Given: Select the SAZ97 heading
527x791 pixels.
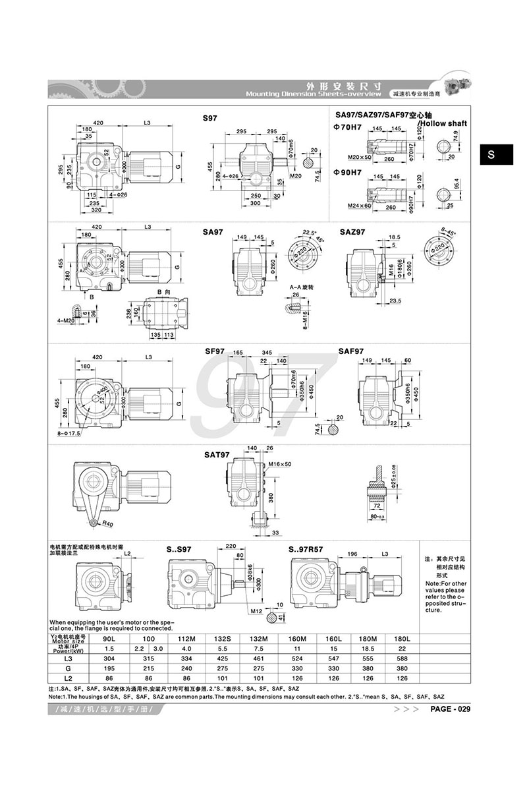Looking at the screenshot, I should click(x=352, y=233).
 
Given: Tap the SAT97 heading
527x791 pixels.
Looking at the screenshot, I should click(x=217, y=455).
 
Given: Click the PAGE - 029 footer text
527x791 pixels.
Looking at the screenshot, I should click(x=451, y=709).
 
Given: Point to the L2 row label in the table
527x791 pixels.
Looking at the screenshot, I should click(x=69, y=678).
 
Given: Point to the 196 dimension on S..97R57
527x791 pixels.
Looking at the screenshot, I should click(x=352, y=554).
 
